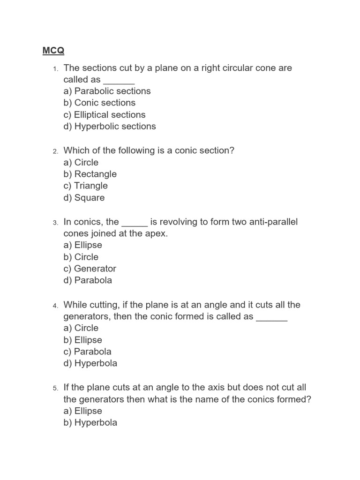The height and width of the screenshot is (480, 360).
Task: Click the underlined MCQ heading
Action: click(x=53, y=51)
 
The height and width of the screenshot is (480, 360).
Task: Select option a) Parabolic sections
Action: click(x=107, y=91)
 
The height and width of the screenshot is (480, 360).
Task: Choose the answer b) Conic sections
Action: click(x=99, y=103)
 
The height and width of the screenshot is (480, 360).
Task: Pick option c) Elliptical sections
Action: click(x=105, y=114)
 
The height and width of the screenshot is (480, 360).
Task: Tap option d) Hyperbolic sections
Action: click(x=110, y=126)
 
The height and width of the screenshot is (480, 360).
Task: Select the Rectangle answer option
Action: click(x=90, y=174)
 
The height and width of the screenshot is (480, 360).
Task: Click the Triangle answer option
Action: click(x=86, y=186)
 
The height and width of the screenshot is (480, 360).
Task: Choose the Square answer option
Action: click(x=84, y=197)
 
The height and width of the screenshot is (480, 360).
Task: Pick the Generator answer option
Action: click(x=90, y=269)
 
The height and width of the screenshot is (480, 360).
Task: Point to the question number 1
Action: click(x=55, y=69)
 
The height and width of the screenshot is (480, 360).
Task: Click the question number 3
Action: click(x=55, y=223)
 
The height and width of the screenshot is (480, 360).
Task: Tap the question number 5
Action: click(x=55, y=388)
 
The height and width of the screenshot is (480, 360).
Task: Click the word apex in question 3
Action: click(x=156, y=233)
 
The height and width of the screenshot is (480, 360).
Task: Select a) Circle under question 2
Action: click(x=81, y=162)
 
